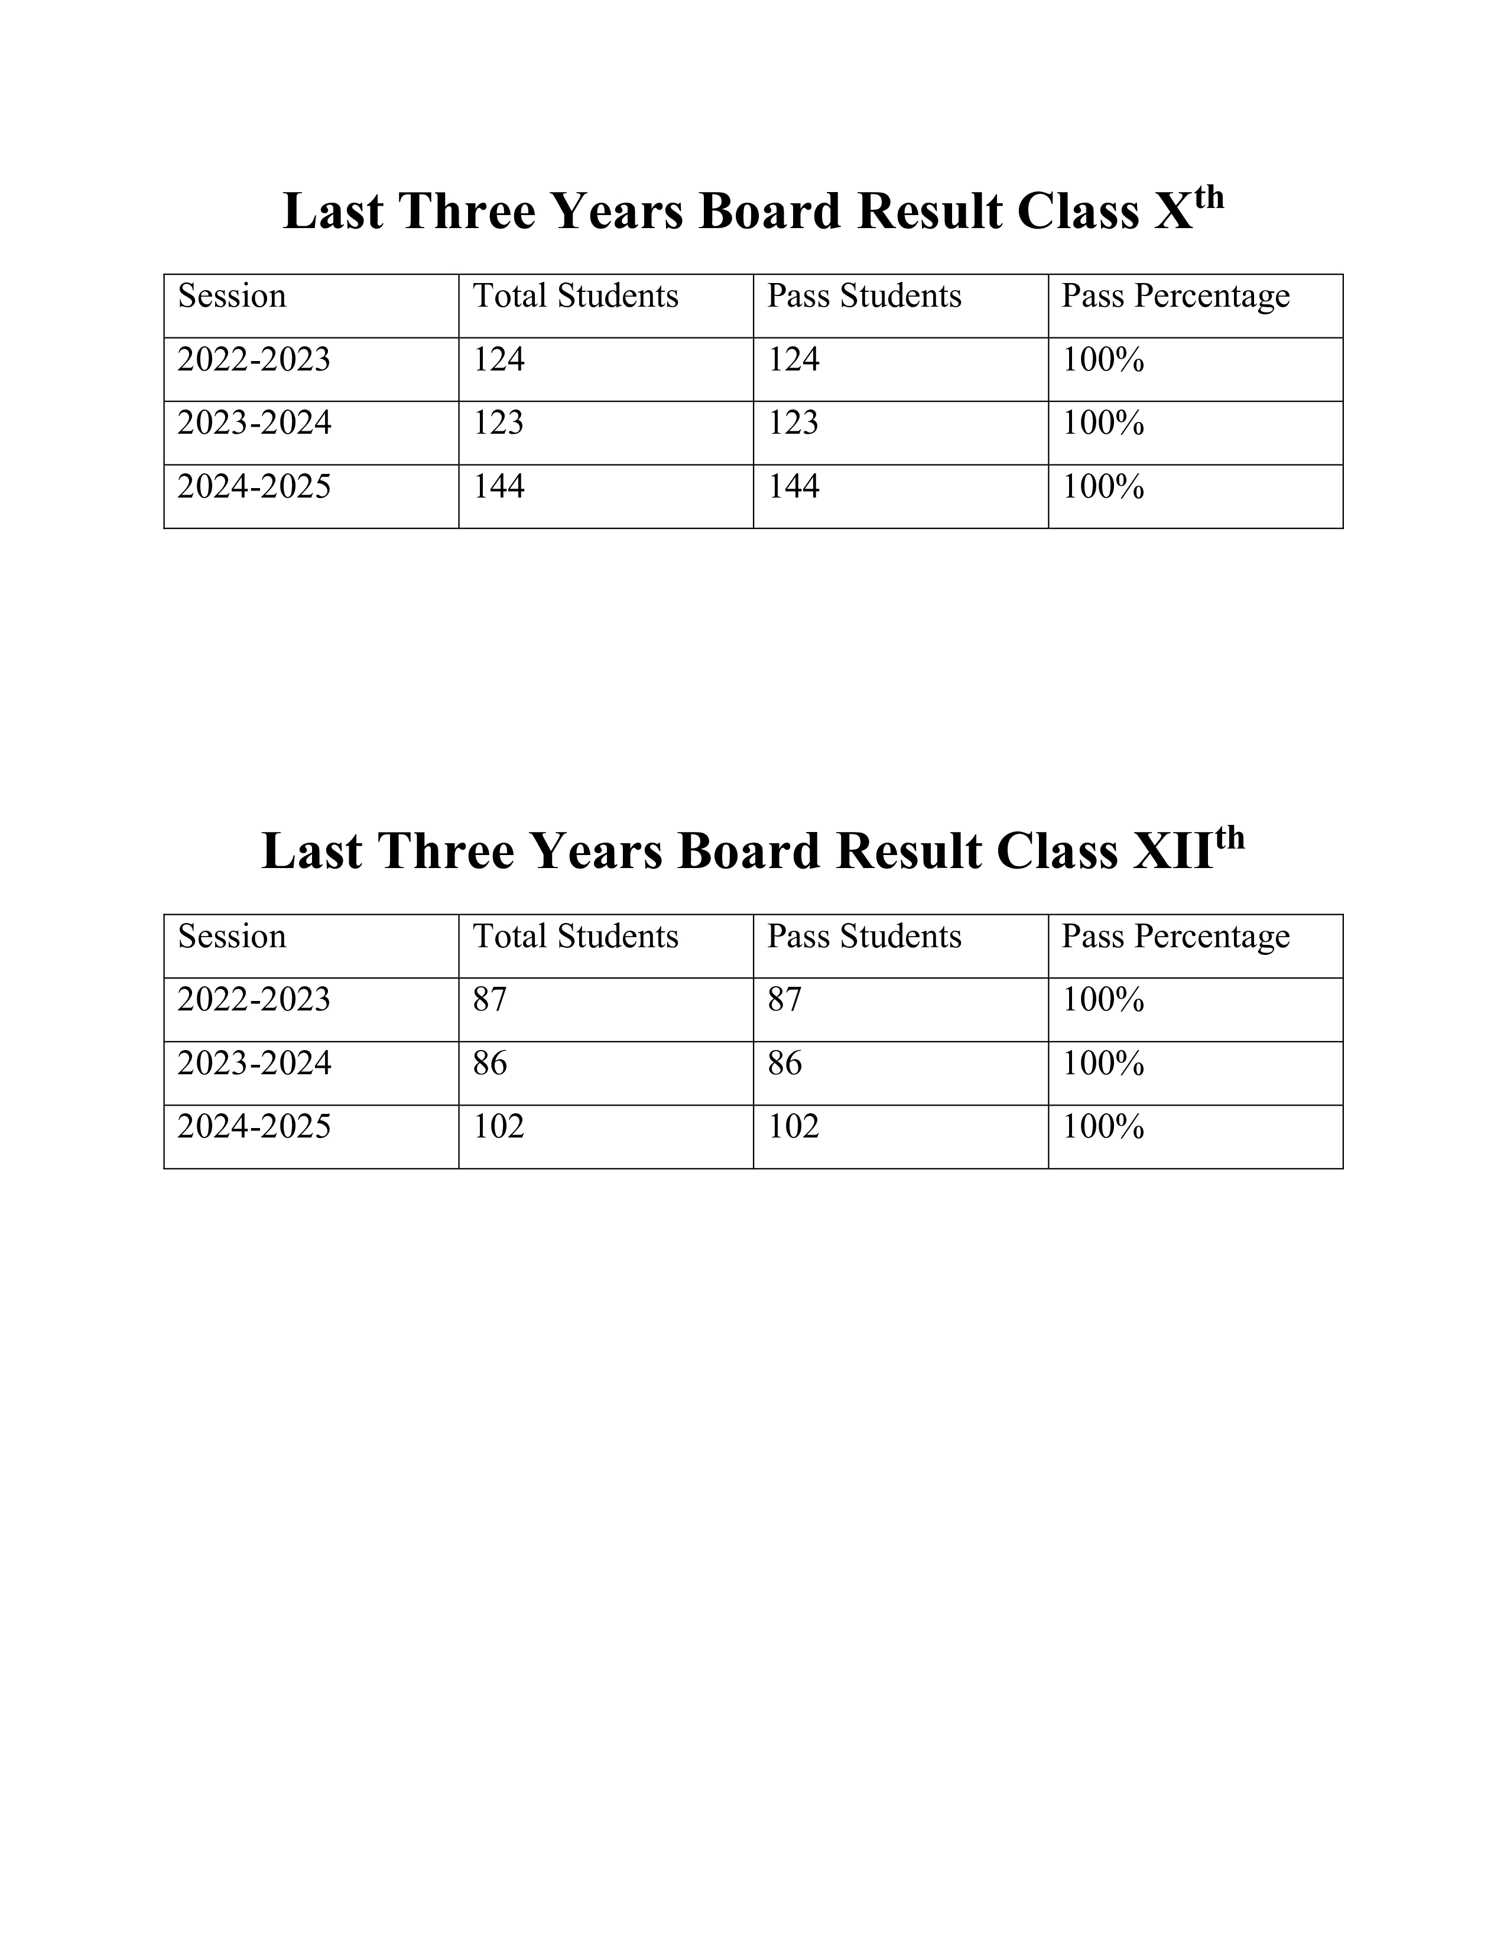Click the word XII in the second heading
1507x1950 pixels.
point(1173,851)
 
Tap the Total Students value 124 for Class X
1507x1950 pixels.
point(498,360)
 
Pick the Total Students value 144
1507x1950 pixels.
point(498,486)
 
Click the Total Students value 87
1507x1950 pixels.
point(489,1000)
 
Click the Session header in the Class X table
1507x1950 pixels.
point(232,297)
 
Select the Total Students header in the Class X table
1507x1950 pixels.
point(576,297)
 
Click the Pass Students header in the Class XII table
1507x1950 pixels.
point(864,937)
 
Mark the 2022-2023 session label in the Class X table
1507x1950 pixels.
point(254,360)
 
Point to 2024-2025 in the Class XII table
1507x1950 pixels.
point(254,1127)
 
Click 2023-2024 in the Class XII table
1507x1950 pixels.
point(254,1064)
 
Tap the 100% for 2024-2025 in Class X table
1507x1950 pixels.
point(1103,486)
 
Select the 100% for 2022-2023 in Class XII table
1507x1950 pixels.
point(1103,1000)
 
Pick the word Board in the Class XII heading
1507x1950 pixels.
point(748,851)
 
